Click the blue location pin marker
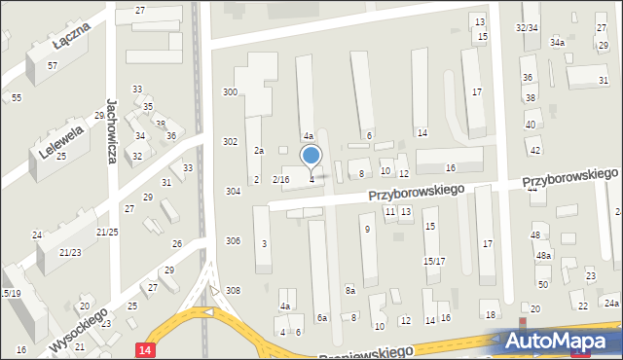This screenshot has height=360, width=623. pyautogui.click(x=311, y=156)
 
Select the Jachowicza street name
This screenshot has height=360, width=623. pyautogui.click(x=113, y=128)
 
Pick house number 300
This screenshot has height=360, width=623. pyautogui.click(x=230, y=91)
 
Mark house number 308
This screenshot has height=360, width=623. pyautogui.click(x=233, y=291)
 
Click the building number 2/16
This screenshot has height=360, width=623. pyautogui.click(x=280, y=180)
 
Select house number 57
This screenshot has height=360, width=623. pyautogui.click(x=53, y=65)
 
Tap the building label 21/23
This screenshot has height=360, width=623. pyautogui.click(x=70, y=253)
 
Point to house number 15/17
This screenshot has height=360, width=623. pyautogui.click(x=433, y=262)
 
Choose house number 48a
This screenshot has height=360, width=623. pyautogui.click(x=543, y=256)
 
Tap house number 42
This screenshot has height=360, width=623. pyautogui.click(x=534, y=150)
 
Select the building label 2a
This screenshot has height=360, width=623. pyautogui.click(x=259, y=151)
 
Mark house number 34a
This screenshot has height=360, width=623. pyautogui.click(x=557, y=43)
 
